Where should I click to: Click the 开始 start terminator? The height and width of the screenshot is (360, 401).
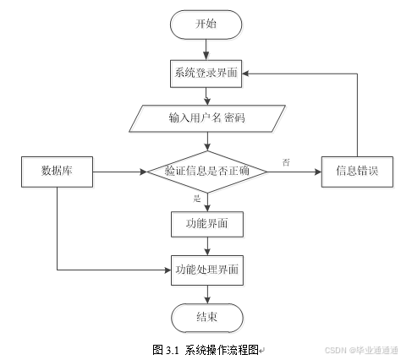(x=206, y=25)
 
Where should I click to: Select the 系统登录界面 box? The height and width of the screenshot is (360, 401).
(x=206, y=74)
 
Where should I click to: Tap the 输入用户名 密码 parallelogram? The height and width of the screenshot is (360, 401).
(x=207, y=118)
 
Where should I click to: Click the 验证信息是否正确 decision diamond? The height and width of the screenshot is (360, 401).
(x=207, y=172)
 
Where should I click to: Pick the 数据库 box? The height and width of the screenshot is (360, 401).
(x=58, y=172)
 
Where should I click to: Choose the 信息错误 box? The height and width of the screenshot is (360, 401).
(x=357, y=172)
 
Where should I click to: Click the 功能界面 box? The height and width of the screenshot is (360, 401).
(x=207, y=224)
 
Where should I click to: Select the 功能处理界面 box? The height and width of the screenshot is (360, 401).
(x=207, y=270)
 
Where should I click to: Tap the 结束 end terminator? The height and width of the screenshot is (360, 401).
(x=207, y=318)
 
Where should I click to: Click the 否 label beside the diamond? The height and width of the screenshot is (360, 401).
(x=286, y=162)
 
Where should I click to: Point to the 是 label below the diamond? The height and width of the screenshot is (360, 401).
(x=197, y=199)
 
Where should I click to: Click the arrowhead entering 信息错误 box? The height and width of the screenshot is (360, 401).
(x=318, y=172)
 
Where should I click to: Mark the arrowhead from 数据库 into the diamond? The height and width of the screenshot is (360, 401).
(x=144, y=172)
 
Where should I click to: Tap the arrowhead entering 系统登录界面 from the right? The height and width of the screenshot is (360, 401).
(x=245, y=74)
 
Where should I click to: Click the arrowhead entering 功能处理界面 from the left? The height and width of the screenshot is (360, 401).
(x=168, y=270)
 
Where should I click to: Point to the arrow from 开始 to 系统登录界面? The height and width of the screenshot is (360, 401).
(x=206, y=49)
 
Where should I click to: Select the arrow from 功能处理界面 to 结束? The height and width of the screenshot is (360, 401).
(x=207, y=294)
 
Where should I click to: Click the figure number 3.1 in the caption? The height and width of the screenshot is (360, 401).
(x=173, y=351)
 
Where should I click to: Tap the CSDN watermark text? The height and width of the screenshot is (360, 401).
(x=335, y=351)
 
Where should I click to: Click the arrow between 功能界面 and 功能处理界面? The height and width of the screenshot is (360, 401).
(x=207, y=246)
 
